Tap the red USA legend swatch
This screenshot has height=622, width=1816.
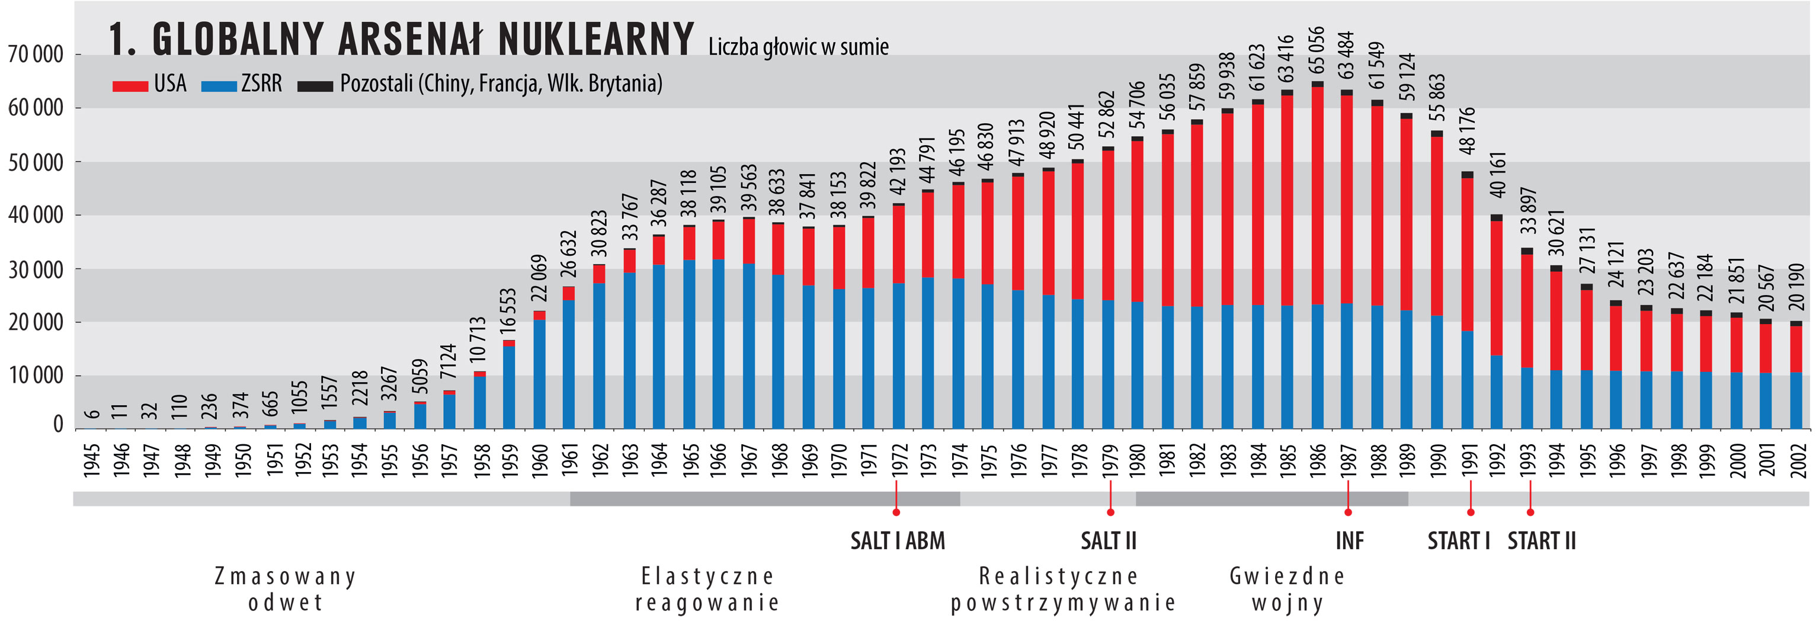tap(130, 86)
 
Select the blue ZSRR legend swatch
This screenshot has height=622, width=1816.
tap(219, 86)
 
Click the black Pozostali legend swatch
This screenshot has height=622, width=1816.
tap(315, 86)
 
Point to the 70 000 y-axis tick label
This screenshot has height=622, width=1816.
tap(35, 54)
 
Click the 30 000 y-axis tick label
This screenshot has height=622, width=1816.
tap(35, 270)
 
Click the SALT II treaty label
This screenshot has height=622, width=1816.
tap(1108, 541)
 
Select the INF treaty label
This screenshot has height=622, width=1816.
tap(1349, 541)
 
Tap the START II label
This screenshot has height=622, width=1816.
tap(1541, 541)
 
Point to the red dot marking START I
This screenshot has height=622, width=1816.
tap(1471, 512)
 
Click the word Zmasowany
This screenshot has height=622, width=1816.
tap(285, 576)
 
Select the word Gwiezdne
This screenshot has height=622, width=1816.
tap(1287, 576)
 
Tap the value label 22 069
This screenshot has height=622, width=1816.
tap(539, 278)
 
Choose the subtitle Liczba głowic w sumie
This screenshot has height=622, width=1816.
tap(798, 47)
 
